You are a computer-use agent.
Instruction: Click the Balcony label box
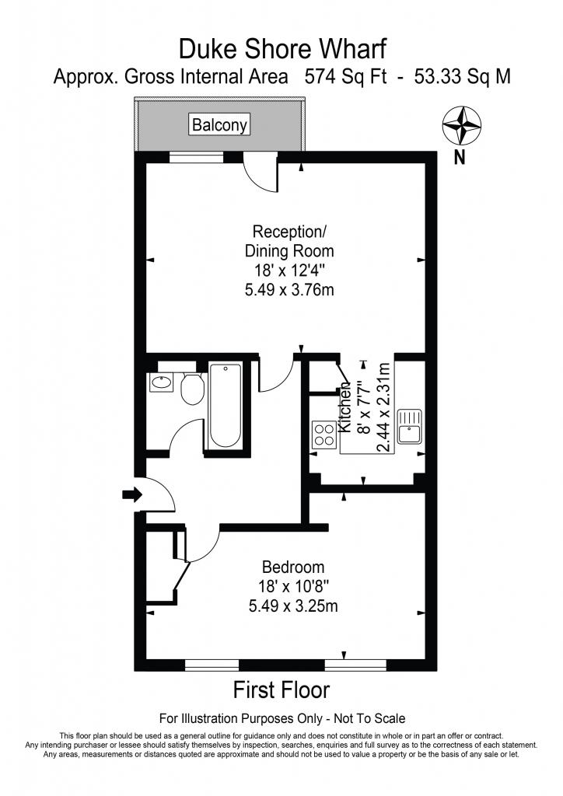[x=220, y=124]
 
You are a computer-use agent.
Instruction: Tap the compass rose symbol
[x=461, y=125]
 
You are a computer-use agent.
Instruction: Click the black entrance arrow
[x=132, y=494]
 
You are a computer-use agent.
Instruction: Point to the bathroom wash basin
[x=162, y=382]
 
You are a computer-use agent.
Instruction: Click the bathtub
[x=225, y=405]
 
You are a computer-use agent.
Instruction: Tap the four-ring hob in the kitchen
[x=324, y=435]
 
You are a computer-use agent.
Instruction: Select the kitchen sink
[x=410, y=426]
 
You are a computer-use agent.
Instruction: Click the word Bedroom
[x=293, y=567]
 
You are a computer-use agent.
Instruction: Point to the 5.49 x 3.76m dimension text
[x=289, y=290]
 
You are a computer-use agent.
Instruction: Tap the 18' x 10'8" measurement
[x=294, y=586]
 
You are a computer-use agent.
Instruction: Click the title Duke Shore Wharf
[x=282, y=49]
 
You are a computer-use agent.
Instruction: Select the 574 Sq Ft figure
[x=345, y=77]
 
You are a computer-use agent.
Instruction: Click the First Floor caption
[x=281, y=690]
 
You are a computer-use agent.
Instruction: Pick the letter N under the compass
[x=460, y=159]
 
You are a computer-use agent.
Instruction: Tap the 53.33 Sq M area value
[x=463, y=77]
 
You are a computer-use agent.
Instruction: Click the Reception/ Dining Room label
[x=289, y=241]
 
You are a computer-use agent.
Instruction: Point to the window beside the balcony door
[x=196, y=157]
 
